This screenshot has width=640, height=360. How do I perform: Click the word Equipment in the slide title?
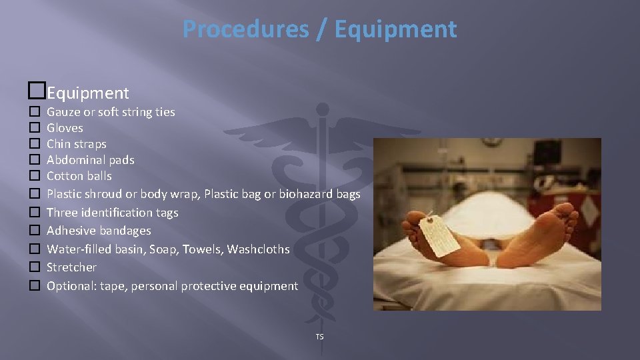point(396,29)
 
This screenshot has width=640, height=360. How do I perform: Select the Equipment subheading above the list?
point(88,93)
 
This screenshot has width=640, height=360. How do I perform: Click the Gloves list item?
point(65,128)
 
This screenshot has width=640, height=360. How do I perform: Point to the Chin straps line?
point(76,144)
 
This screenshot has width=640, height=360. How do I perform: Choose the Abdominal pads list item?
point(90,160)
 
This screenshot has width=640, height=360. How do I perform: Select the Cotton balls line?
point(79,176)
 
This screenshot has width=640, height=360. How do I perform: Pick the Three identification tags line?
point(112,213)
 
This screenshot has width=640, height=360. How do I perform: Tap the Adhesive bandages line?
point(99,231)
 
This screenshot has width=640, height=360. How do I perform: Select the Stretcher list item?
point(71,267)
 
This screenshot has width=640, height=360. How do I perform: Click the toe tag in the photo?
point(440,237)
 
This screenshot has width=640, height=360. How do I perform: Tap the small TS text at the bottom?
point(319,337)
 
